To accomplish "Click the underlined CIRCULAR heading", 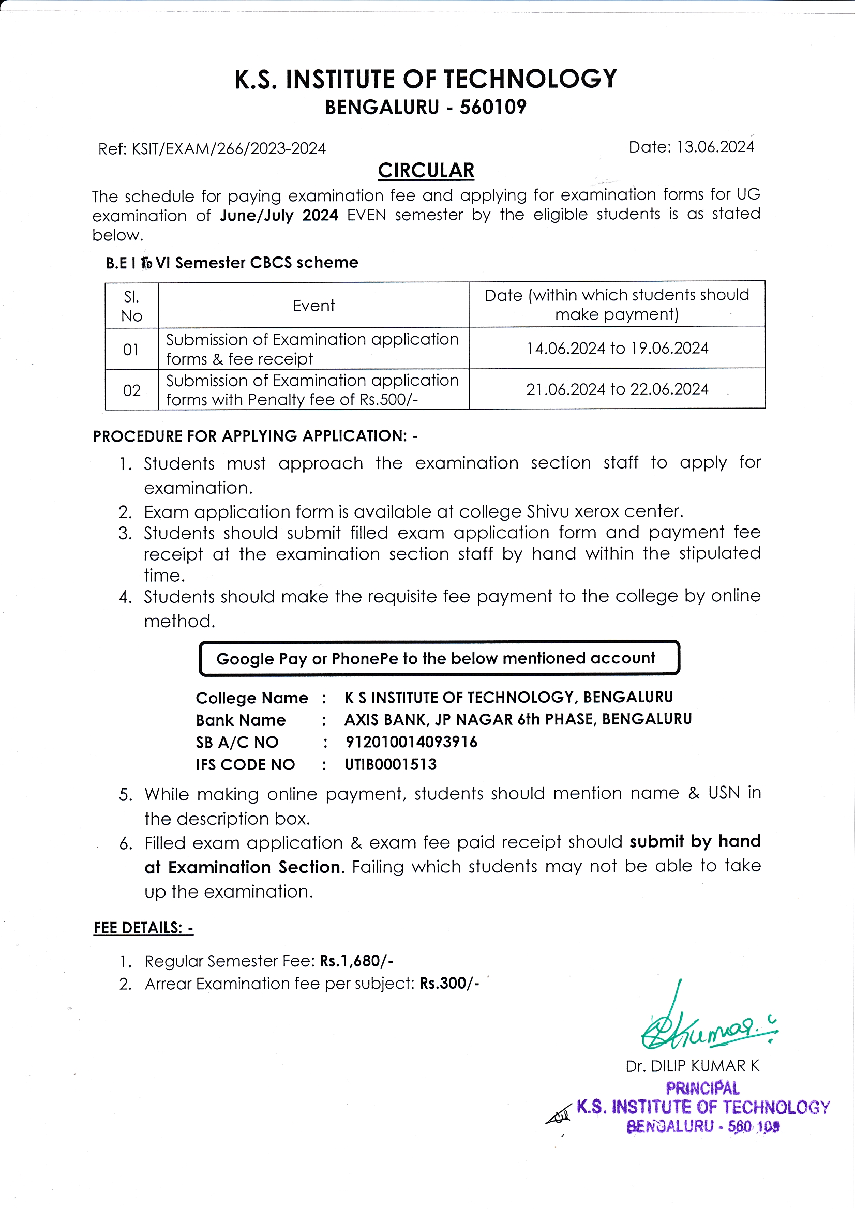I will pos(426,171).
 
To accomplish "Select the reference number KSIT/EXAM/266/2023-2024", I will pos(229,148).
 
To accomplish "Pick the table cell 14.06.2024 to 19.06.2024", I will pos(617,348).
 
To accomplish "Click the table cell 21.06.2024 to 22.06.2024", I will pos(617,389).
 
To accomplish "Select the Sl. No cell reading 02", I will pos(132,390).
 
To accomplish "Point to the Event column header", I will pos(313,306).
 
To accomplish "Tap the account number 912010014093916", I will pos(411,742).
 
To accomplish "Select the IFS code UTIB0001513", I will pos(391,764).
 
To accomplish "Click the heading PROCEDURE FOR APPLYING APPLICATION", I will pos(255,436).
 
